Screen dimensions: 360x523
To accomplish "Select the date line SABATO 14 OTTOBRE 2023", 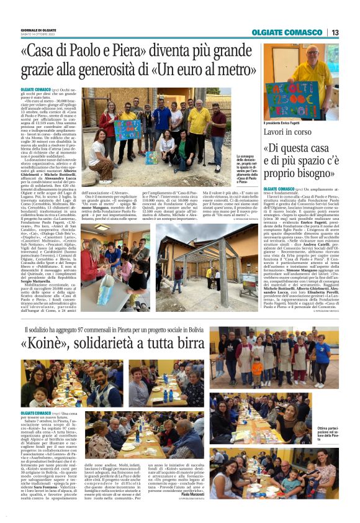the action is (38, 34).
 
